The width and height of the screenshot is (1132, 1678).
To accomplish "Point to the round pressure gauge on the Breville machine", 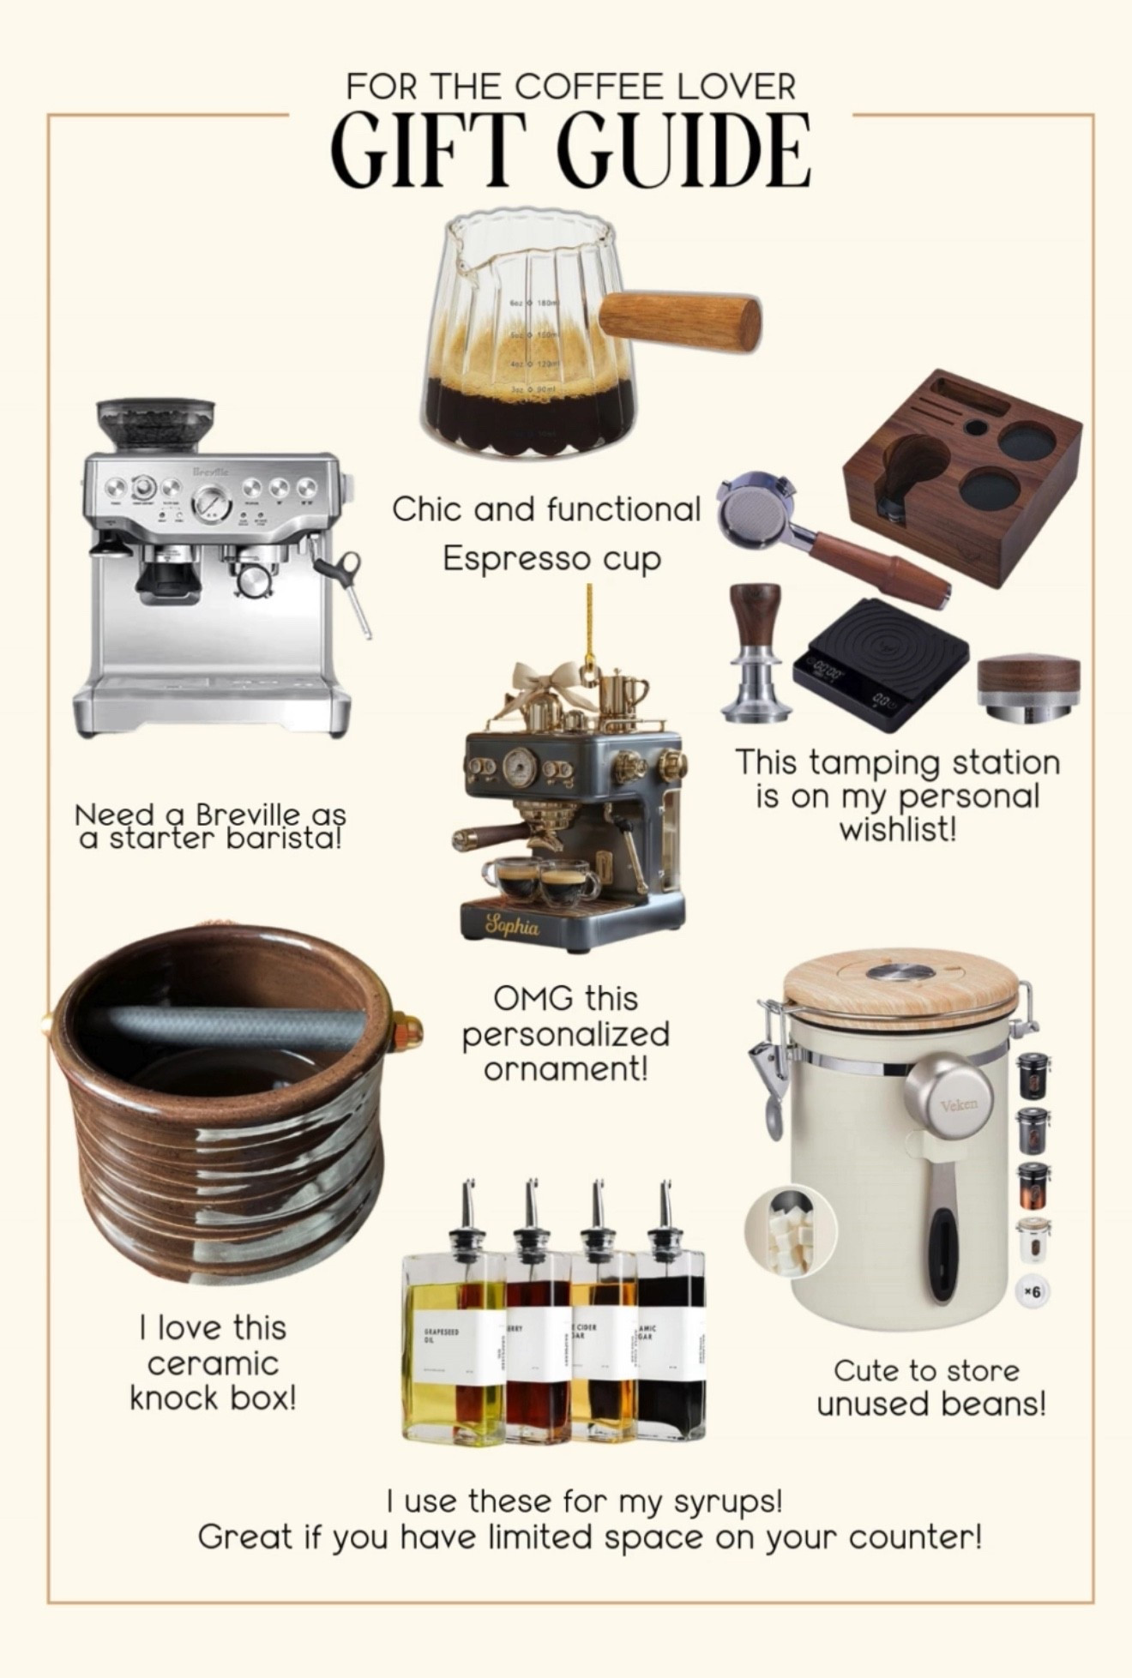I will point(211,502).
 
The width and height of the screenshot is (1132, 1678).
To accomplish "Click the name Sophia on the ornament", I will point(513,926).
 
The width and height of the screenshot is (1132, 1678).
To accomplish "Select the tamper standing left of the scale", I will point(755,652).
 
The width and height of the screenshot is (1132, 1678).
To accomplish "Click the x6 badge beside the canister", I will point(1033,1291).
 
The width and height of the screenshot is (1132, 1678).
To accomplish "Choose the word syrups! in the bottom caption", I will point(728,1501).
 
